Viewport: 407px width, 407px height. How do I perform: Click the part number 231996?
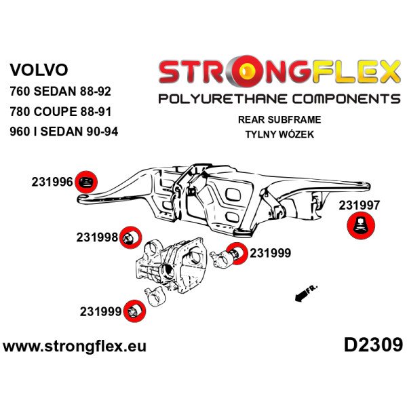[x=52, y=182]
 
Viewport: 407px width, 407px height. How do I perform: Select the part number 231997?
[x=360, y=203]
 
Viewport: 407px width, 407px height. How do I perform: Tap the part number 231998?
[x=97, y=237]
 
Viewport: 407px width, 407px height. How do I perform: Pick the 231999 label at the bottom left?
[x=100, y=312]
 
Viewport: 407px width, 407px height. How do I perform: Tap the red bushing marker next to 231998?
[x=131, y=237]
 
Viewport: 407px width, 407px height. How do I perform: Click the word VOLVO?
[x=39, y=69]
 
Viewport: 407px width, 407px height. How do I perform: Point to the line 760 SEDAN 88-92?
[x=64, y=91]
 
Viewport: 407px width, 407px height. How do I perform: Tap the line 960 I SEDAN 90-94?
[x=64, y=132]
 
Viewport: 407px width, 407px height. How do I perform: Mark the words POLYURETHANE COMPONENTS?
[x=278, y=99]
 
